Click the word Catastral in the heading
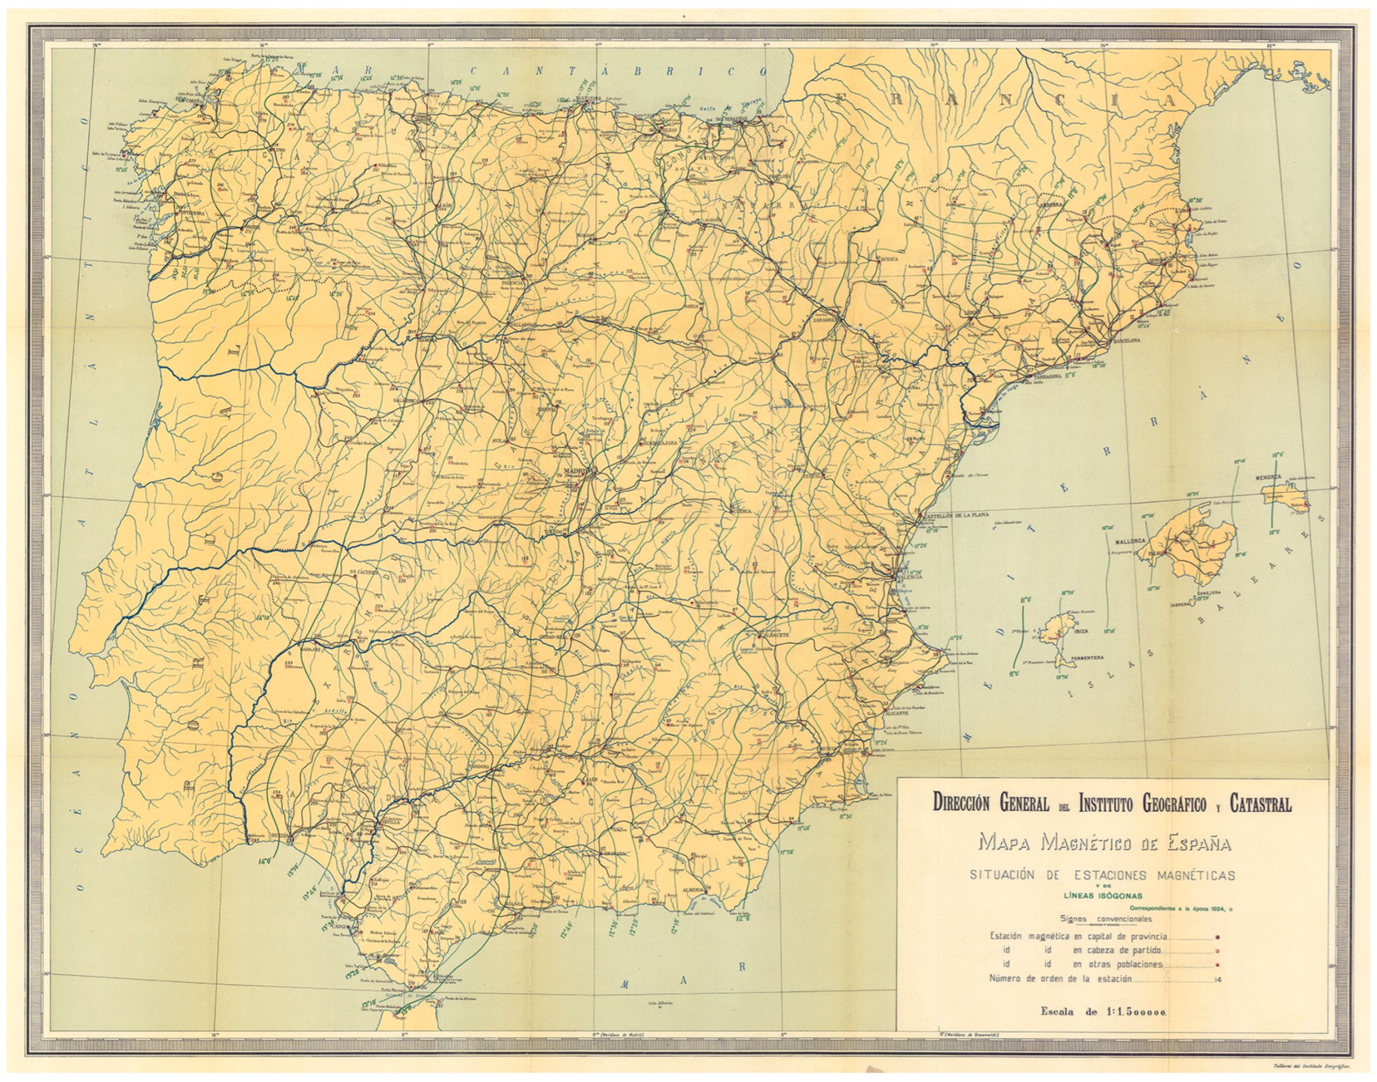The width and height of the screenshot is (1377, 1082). coord(1260,805)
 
